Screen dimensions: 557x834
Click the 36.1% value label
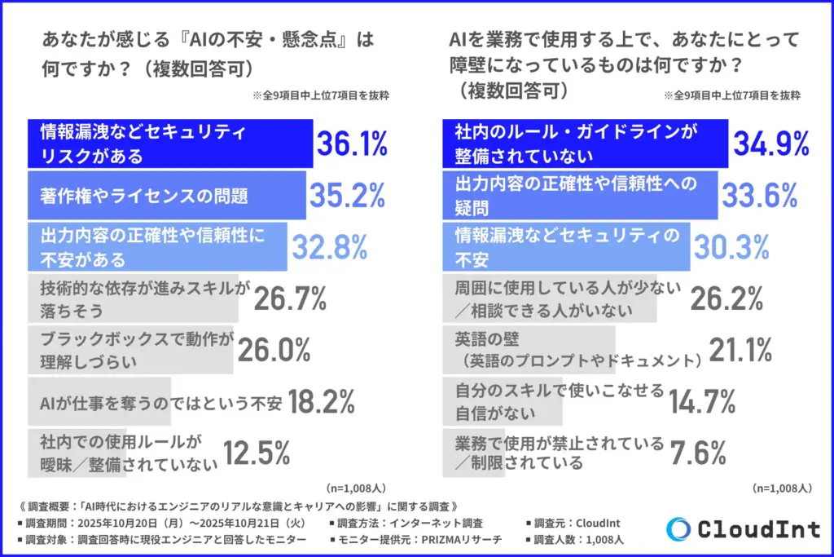click(x=351, y=144)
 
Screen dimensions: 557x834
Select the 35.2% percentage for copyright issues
click(x=346, y=195)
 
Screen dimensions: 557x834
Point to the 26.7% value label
click(x=290, y=298)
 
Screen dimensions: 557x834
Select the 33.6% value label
click(x=760, y=195)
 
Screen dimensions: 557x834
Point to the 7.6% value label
click(x=698, y=452)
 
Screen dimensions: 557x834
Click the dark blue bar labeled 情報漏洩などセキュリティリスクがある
click(x=170, y=144)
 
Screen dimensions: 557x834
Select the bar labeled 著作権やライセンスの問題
click(x=167, y=195)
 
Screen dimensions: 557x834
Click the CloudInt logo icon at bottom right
click(x=678, y=529)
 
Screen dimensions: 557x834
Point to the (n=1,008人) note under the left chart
click(x=357, y=488)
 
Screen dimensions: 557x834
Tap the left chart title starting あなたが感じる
click(x=207, y=51)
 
